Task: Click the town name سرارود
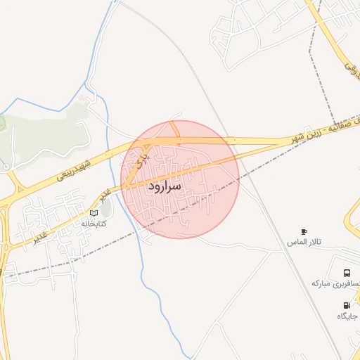tap(165, 186)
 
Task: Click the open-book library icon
tap(94, 212)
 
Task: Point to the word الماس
tap(295, 243)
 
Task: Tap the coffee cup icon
tap(304, 231)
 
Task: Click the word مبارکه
tap(325, 283)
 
